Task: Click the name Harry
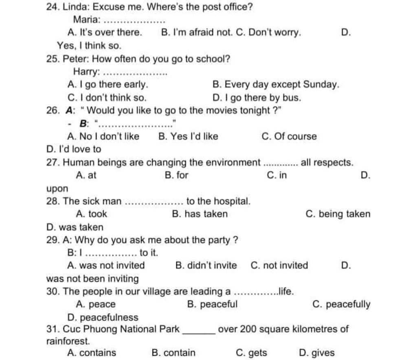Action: point(86,72)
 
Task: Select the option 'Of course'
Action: point(295,137)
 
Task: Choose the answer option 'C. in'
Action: point(277,176)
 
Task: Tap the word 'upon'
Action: point(57,189)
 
